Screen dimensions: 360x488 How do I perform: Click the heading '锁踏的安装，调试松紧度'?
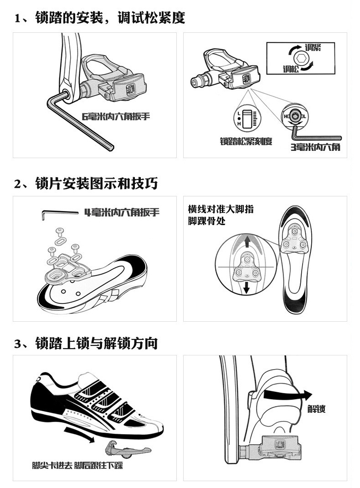(x=110, y=18)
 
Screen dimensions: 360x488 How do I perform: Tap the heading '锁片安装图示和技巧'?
(x=97, y=183)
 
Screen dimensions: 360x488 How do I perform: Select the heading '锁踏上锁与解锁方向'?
(x=97, y=343)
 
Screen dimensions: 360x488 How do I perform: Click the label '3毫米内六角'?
(x=315, y=147)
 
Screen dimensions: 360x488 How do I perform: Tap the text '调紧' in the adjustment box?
(x=313, y=47)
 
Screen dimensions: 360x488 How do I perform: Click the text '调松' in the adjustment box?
(x=291, y=69)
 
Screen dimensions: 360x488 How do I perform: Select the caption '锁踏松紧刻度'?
(x=246, y=141)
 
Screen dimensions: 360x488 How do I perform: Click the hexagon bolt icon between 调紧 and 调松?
(x=301, y=58)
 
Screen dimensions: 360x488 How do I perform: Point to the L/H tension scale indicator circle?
(x=247, y=118)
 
